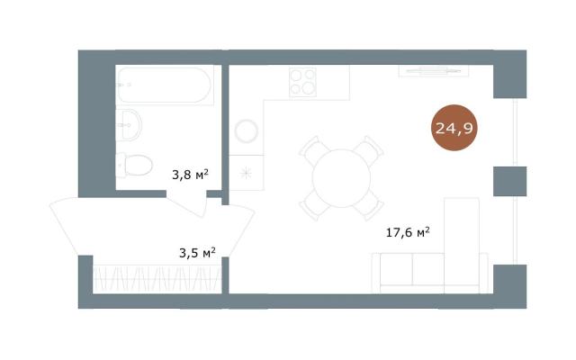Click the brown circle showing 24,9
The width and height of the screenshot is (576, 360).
pos(454,128)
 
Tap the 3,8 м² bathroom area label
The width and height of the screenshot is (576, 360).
pos(190,174)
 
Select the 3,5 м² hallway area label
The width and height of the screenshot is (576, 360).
pos(197,253)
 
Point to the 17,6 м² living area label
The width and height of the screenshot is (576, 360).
pos(408,232)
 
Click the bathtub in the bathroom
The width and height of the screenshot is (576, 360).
pos(165,85)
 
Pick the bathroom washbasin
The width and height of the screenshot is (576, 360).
pos(129,125)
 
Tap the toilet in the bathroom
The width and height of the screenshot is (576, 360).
pos(134,165)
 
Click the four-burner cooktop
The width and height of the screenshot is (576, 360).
pos(302,82)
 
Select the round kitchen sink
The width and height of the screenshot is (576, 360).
pos(246,131)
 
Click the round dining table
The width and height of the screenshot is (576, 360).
pos(341,178)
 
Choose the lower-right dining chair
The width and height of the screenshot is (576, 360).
pos(369,206)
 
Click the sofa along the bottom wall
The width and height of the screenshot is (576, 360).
pos(429,273)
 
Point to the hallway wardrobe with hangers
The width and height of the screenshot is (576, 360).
pos(157,279)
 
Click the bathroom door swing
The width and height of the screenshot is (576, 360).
pos(188,203)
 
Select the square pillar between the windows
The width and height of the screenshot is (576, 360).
pos(510,181)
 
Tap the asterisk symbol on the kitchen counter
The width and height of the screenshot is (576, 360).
pos(246,173)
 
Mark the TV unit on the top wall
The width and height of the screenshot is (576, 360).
pos(434,71)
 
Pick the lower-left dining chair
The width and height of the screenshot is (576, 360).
pos(313,206)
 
